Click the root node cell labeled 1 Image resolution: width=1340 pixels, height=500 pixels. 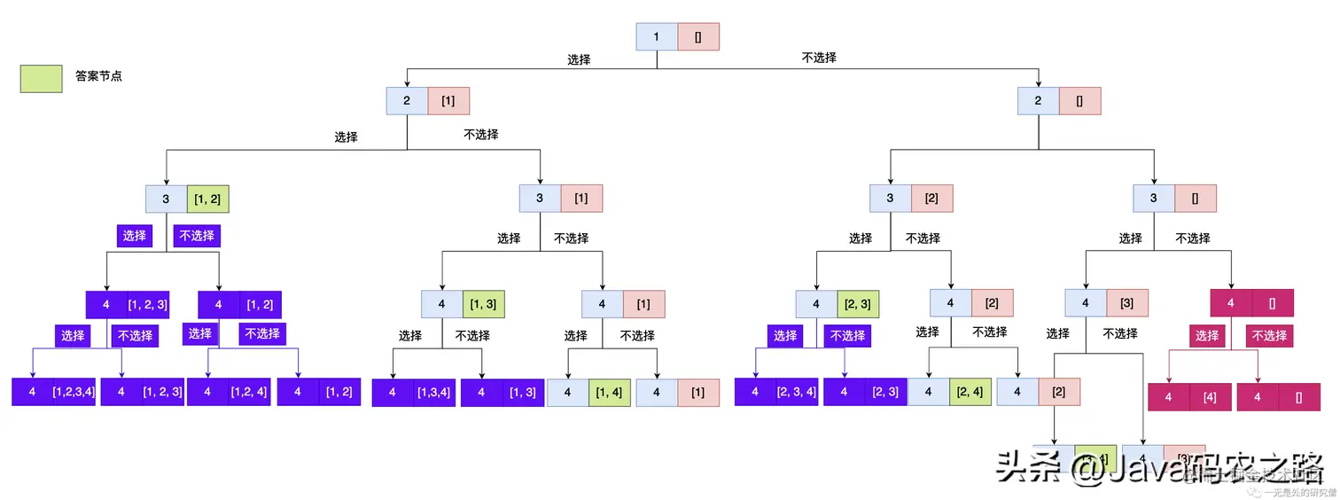click(x=657, y=36)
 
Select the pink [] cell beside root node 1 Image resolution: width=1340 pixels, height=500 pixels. click(x=698, y=36)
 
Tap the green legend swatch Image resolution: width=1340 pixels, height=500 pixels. click(x=42, y=78)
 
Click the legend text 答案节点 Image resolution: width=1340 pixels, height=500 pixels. click(x=98, y=77)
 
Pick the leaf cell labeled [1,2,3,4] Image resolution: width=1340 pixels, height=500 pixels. click(x=74, y=392)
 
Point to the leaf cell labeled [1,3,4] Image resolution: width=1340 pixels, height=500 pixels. click(x=434, y=392)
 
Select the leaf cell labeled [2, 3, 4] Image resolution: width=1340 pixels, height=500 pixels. click(x=796, y=392)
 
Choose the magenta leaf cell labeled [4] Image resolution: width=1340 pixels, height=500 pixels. click(x=1210, y=397)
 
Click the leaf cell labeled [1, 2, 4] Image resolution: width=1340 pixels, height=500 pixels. click(x=249, y=392)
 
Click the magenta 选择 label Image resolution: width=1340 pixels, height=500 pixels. click(x=1207, y=336)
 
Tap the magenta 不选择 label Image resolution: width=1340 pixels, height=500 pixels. click(x=1269, y=336)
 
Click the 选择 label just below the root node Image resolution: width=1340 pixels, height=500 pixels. click(x=579, y=59)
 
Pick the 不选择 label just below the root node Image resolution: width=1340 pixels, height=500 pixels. click(x=819, y=58)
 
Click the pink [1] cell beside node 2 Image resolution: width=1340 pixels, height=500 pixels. click(x=448, y=100)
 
